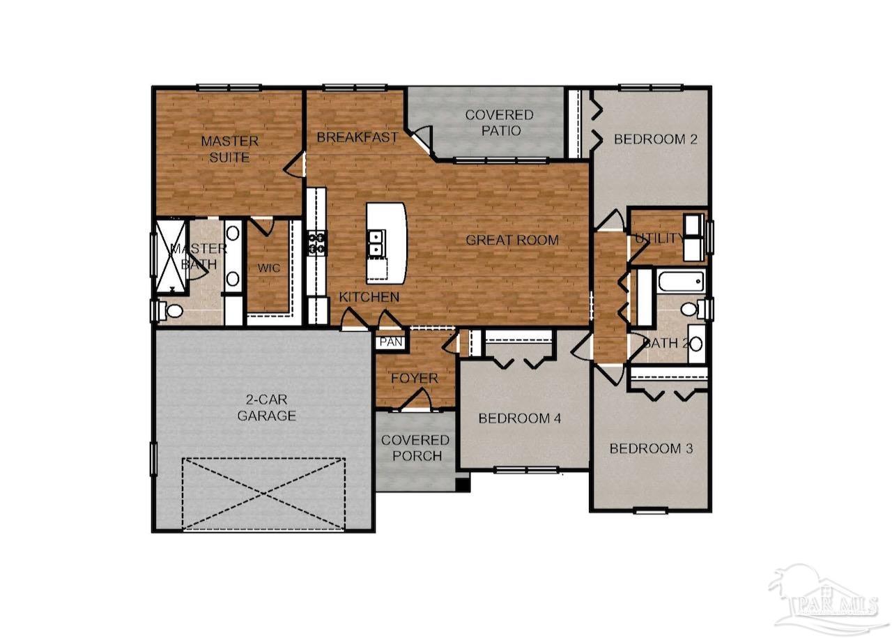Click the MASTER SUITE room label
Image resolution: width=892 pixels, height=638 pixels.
(x=229, y=149)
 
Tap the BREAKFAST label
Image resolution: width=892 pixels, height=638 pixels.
(x=357, y=137)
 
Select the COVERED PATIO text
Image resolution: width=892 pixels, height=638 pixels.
(x=499, y=122)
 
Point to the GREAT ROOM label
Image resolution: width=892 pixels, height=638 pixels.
(x=512, y=241)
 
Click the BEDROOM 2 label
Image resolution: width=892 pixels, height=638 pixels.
(x=655, y=139)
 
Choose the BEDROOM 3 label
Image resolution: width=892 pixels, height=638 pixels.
(x=651, y=448)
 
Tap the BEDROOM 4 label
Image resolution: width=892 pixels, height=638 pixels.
(x=520, y=418)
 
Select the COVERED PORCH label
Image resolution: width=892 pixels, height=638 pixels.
(x=416, y=448)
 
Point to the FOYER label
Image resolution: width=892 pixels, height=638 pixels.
(x=414, y=379)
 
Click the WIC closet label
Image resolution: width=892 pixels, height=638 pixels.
(x=268, y=268)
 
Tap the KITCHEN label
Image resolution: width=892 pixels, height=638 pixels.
(x=369, y=298)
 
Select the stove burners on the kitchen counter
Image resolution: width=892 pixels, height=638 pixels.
(x=316, y=242)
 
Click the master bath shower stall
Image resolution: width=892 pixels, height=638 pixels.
(x=170, y=255)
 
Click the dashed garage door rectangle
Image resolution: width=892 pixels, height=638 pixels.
(x=263, y=493)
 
